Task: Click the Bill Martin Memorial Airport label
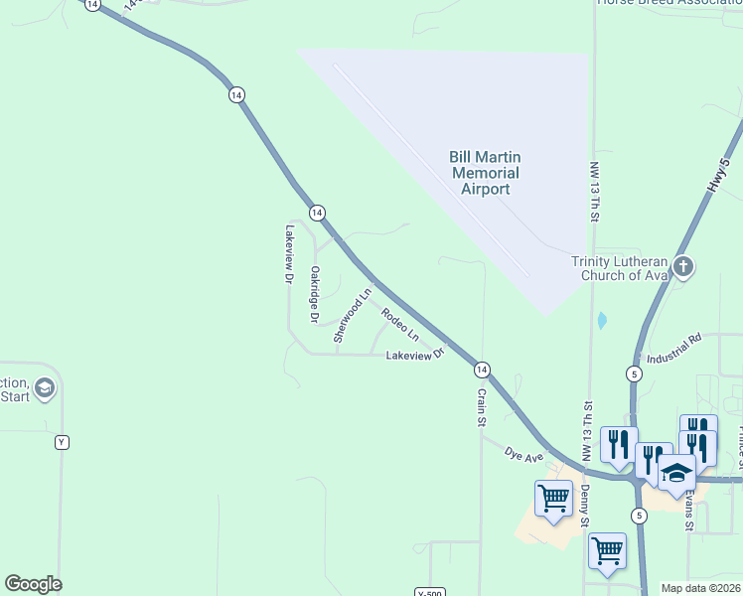point(485,173)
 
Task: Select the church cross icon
point(682,266)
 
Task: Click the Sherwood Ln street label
point(353,316)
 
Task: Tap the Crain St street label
point(481,406)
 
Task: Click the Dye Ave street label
point(523,455)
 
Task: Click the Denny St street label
point(585,507)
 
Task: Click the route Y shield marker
point(62,442)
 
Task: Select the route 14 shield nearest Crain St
point(481,370)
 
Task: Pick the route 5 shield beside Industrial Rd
point(634,373)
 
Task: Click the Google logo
point(33,584)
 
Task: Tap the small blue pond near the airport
point(602,321)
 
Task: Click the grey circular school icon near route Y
point(43,388)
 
